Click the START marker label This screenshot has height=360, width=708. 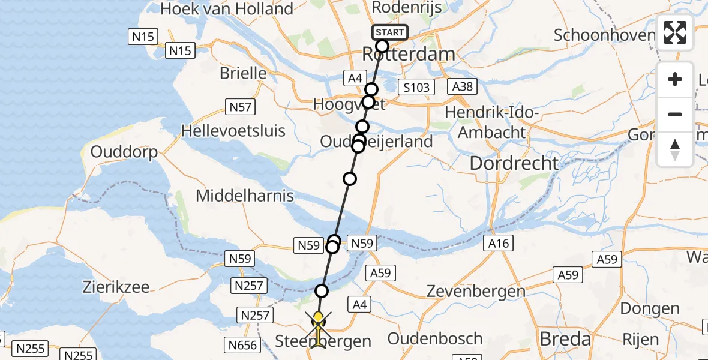click(390, 32)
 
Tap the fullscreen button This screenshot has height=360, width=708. click(675, 32)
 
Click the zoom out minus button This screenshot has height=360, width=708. click(675, 114)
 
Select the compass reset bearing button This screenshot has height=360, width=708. click(675, 149)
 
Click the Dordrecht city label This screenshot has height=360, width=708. click(514, 163)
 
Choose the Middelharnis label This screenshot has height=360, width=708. click(245, 196)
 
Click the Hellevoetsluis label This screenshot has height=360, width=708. click(233, 130)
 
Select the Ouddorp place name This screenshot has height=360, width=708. click(124, 152)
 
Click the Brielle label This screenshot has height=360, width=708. click(243, 73)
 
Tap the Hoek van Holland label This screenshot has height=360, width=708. click(227, 9)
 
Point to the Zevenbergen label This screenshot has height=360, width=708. click(467, 292)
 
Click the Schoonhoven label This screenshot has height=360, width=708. click(604, 35)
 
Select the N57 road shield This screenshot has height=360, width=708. click(241, 107)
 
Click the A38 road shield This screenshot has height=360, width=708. click(463, 86)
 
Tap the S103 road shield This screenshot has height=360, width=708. click(416, 88)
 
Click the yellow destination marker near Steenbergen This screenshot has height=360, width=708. click(318, 317)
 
